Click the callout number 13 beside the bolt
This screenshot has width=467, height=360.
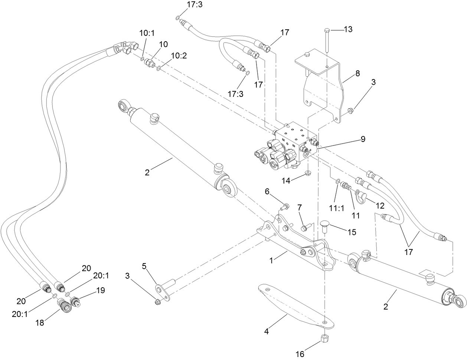[x=348, y=29]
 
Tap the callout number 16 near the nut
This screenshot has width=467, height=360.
[x=300, y=354]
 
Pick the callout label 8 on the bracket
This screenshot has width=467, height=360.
[x=357, y=73]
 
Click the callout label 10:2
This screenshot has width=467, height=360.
[x=179, y=55]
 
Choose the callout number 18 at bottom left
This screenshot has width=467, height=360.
[x=40, y=323]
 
